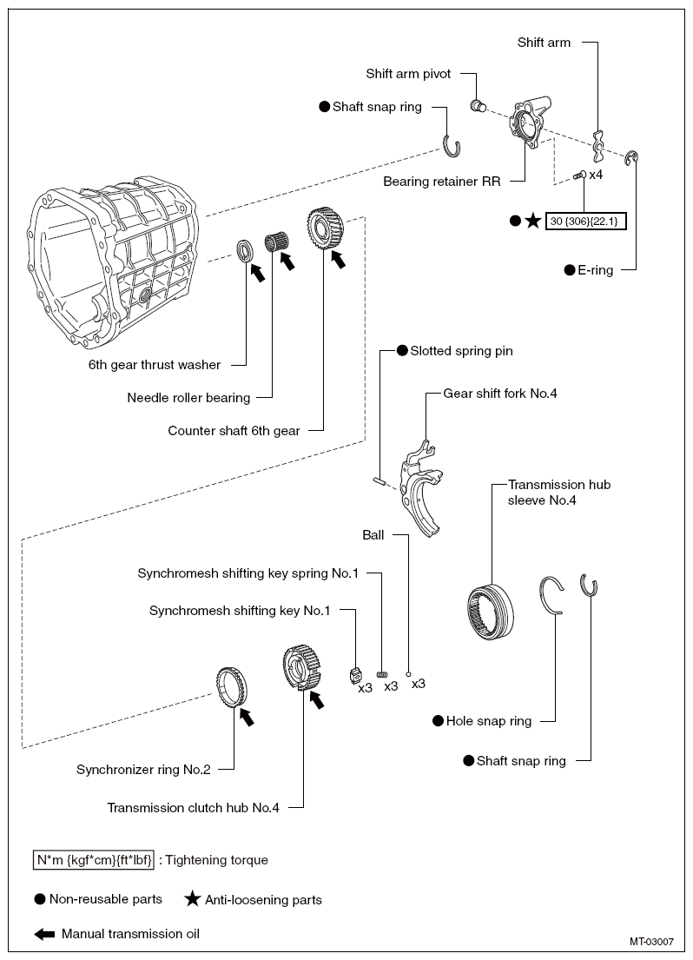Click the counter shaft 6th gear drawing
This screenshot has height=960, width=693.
pos(325,228)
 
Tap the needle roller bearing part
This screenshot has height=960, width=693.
pos(275,242)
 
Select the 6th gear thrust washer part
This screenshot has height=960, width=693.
pos(246,251)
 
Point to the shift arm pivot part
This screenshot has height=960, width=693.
pos(478,106)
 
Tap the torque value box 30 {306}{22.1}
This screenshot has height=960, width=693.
pos(586,221)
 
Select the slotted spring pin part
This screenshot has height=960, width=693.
pos(379,481)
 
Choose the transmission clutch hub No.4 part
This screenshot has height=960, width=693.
pos(302,668)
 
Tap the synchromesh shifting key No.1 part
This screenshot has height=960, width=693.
pos(353,676)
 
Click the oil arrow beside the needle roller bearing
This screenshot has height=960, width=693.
pos(287,261)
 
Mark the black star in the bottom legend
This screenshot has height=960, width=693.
pos(193,899)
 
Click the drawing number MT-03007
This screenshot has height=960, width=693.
pos(651,942)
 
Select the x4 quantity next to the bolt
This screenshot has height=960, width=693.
pos(596,175)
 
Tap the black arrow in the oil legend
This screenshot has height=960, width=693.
pos(44,934)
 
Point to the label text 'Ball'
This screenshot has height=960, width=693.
pos(373,535)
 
